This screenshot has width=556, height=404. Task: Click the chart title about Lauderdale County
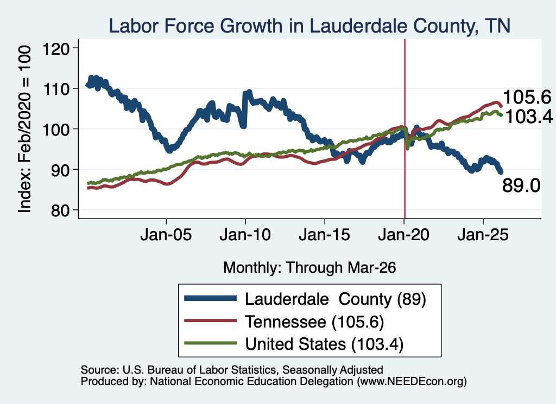point(309,26)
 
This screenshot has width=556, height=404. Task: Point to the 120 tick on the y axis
point(56,48)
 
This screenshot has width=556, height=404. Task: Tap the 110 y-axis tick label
point(56,88)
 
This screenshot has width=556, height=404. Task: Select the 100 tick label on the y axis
point(56,129)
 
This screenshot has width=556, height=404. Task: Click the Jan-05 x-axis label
point(166,235)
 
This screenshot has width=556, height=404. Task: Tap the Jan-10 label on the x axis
point(245,235)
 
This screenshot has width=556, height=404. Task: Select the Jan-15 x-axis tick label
point(325,235)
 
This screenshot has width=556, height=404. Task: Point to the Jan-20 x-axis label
point(403,235)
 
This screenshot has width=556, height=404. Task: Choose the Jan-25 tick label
point(483,235)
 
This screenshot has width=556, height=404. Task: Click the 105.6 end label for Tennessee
point(527,97)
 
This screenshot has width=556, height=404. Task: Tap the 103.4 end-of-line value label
point(529,117)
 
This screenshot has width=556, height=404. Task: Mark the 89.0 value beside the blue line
point(521,185)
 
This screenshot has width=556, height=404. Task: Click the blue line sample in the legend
point(210,298)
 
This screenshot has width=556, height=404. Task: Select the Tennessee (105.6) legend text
point(314,322)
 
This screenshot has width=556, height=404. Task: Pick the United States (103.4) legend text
point(325,344)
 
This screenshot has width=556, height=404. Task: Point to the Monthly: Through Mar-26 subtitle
point(309,268)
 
